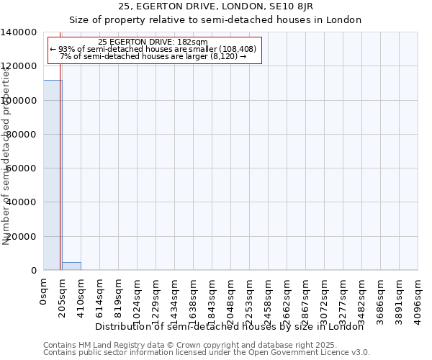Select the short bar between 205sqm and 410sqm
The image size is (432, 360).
tap(71, 266)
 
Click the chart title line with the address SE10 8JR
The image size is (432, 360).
tap(216, 7)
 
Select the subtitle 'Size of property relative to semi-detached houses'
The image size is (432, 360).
tap(216, 19)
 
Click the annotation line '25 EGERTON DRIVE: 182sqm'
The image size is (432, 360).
tap(153, 42)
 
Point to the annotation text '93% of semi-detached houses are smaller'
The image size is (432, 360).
tap(153, 49)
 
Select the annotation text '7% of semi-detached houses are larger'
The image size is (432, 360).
tap(153, 56)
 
